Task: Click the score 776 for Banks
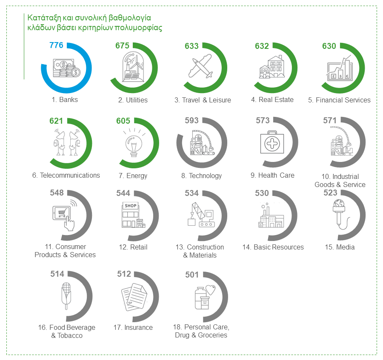56,45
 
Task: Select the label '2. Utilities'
133,100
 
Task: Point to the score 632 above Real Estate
262,46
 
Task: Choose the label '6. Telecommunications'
66,175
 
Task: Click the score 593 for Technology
191,121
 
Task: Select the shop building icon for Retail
131,215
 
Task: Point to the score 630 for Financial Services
329,46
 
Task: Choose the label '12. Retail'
133,247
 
